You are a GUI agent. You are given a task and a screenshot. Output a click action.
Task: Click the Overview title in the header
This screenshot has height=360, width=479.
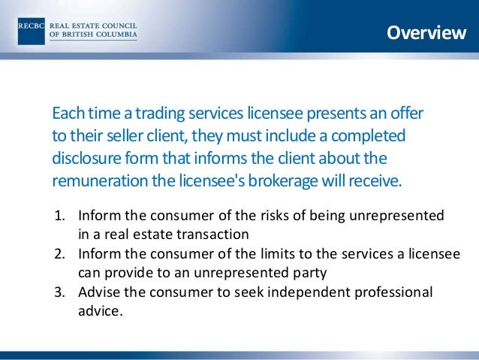coord(426,33)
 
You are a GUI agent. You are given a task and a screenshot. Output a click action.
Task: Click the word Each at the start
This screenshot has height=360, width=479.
coord(67,113)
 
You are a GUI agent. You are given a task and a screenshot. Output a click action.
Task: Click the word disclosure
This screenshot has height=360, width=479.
coord(88,159)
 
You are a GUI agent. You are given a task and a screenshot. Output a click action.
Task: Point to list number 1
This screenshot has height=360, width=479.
coord(61,216)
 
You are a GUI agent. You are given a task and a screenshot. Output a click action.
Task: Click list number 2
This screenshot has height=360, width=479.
coord(61,255)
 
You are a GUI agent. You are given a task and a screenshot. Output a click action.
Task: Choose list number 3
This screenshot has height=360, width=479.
coord(61,293)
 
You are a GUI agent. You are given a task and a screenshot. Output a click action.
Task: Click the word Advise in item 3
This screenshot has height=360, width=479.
coord(98,293)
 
